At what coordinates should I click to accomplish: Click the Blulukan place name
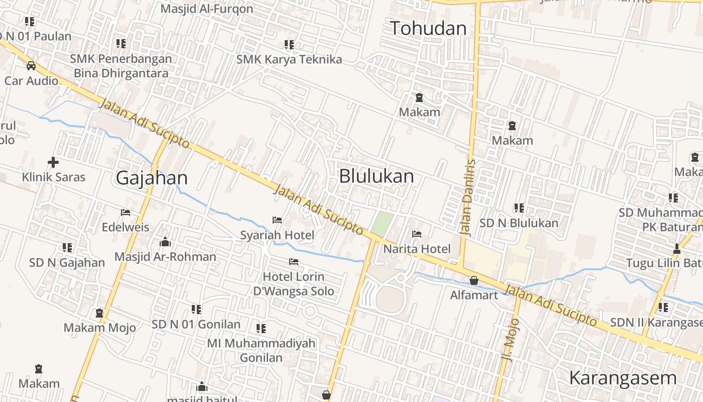coord(377,176)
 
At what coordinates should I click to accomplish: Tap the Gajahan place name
coord(152,178)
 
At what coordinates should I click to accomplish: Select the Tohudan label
coord(428,28)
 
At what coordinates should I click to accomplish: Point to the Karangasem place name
coord(623,378)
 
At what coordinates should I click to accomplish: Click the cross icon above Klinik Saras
coord(53,162)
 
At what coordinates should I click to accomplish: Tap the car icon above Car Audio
coord(31,65)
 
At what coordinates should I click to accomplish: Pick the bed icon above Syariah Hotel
coord(277,220)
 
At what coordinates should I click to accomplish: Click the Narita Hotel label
coord(417,249)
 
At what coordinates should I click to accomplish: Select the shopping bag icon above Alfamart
coord(474,280)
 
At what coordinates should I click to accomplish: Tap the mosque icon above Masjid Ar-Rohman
coord(165,242)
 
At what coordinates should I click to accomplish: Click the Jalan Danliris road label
coord(467,197)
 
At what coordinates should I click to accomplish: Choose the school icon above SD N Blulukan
coord(519,208)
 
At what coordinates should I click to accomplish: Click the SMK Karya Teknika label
coord(289,59)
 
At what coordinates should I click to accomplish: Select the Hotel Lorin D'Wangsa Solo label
coord(294,284)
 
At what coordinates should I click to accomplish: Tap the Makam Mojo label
coord(99,328)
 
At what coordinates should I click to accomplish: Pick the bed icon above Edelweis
coord(126,213)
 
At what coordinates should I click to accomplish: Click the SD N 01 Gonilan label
coord(196,324)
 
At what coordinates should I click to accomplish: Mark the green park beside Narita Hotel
coord(383,224)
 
